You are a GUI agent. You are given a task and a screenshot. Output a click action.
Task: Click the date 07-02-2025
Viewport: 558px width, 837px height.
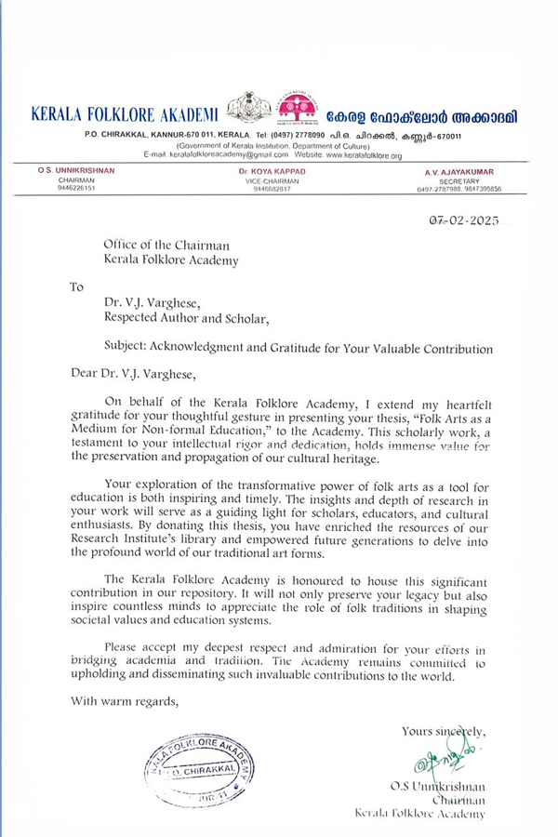[459, 220]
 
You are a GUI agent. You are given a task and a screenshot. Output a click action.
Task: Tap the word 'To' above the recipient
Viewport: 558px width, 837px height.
[78, 286]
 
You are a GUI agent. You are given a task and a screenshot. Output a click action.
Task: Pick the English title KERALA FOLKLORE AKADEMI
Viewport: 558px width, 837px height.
[125, 114]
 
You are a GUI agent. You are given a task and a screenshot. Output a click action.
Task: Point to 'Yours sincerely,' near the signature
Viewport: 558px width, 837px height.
[442, 731]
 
